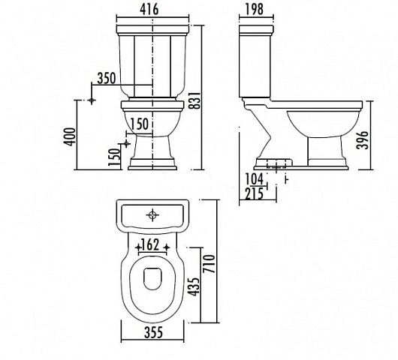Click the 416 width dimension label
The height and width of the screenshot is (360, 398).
tap(149, 9)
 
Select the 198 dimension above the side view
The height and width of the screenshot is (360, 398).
tap(255, 9)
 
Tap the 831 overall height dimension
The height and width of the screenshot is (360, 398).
tap(196, 100)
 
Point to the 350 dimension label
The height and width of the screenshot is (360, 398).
tap(107, 78)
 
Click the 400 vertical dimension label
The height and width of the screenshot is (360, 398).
tap(70, 136)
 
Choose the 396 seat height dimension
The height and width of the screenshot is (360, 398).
tap(363, 140)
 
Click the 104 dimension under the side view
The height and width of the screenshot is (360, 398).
tap(254, 179)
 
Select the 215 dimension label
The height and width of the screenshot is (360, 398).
tap(254, 194)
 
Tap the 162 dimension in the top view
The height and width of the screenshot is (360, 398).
tap(151, 244)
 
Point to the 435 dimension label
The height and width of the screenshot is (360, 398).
tap(195, 286)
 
